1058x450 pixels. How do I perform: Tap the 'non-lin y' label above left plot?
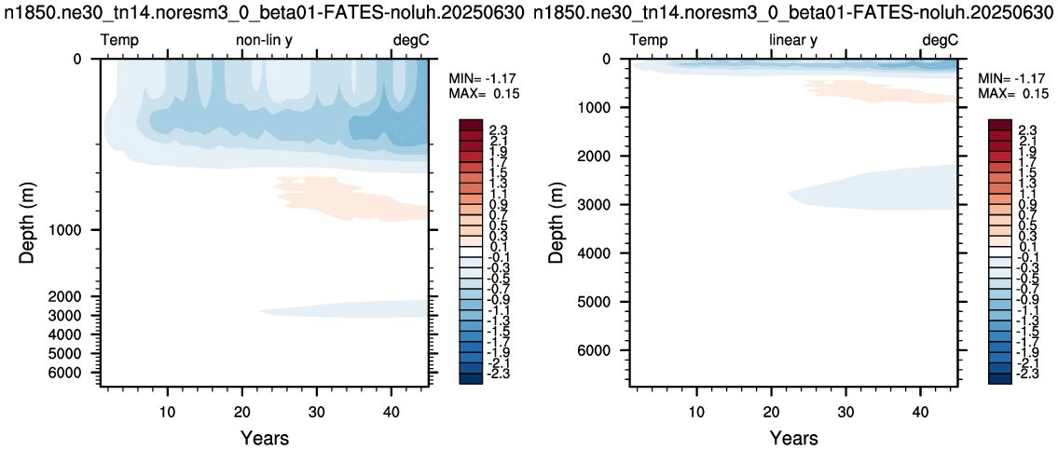(x=264, y=40)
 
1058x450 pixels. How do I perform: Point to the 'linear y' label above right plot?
(x=793, y=40)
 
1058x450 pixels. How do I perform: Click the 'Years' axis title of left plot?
(x=265, y=438)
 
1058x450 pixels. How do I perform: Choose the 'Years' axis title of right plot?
(x=794, y=438)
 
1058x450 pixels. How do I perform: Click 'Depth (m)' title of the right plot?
(x=557, y=221)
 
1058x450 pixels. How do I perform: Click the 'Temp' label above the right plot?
(x=649, y=40)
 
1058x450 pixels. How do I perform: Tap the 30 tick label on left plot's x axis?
(x=316, y=410)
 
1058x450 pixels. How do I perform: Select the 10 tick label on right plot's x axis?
(x=697, y=410)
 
